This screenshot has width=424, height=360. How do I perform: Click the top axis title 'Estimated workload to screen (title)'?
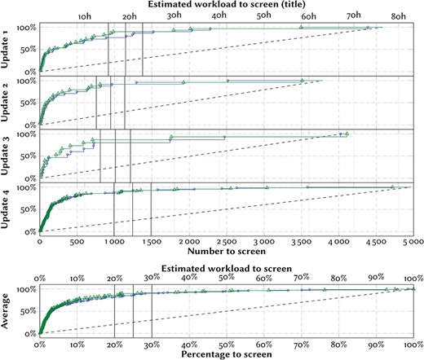pyautogui.click(x=223, y=5)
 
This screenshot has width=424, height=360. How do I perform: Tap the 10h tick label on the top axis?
pyautogui.click(x=85, y=16)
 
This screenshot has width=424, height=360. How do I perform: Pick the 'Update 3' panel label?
pyautogui.click(x=7, y=156)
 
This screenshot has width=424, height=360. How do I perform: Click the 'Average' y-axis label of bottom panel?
pyautogui.click(x=7, y=310)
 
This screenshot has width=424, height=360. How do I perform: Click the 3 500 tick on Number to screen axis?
pyautogui.click(x=301, y=243)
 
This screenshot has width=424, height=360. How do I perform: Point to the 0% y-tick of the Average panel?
pyautogui.click(x=30, y=334)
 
